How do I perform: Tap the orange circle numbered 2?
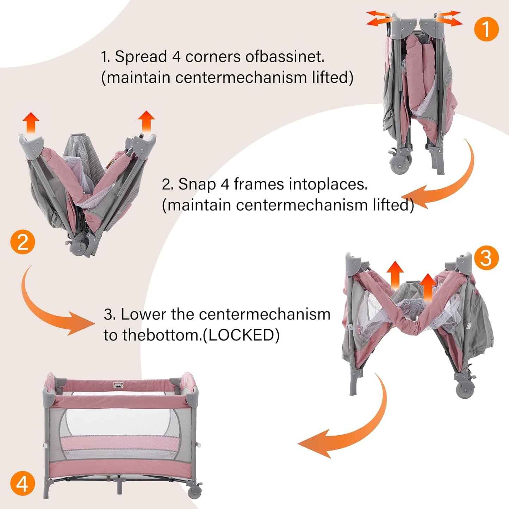(x=23, y=242)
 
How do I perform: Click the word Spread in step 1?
(x=141, y=57)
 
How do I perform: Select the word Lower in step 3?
(x=143, y=314)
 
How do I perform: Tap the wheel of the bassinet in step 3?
(x=465, y=390)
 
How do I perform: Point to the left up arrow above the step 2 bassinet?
(x=31, y=122)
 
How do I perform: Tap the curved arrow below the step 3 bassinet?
(x=349, y=426)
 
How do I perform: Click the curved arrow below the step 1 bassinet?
(x=444, y=183)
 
